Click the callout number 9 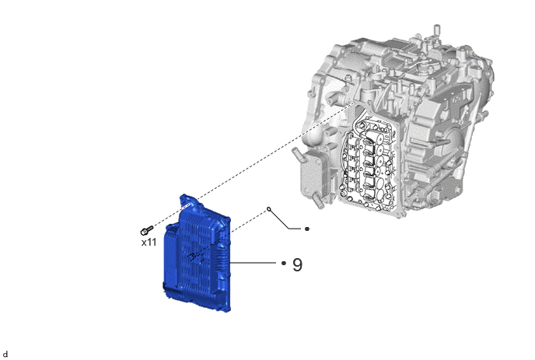tap(298, 264)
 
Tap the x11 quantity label tap(149, 243)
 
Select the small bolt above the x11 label tap(146, 230)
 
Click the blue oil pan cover tap(197, 254)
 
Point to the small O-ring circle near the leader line tap(269, 208)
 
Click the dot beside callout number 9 tap(284, 263)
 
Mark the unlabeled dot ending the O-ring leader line tap(306, 229)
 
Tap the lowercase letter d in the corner tap(5, 354)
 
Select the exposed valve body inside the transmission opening tap(369, 163)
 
